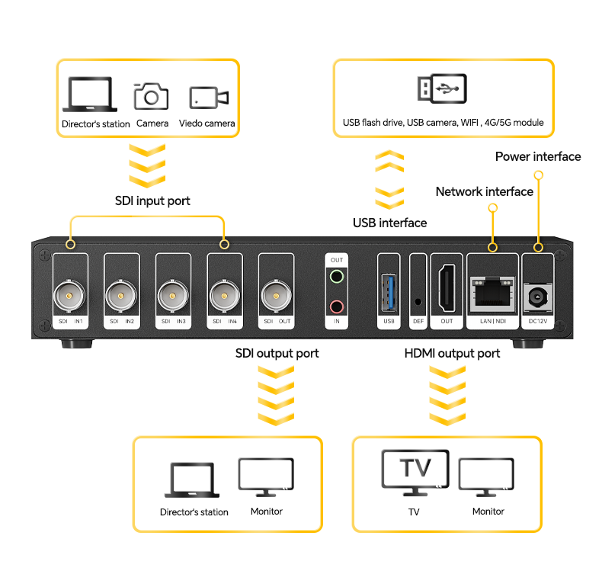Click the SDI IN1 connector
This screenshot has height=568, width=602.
[x=68, y=293]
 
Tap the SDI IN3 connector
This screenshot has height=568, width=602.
[x=171, y=293]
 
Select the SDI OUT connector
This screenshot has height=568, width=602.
[x=276, y=293]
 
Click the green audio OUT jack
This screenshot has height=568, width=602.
[x=336, y=278]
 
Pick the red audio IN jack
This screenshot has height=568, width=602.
[x=336, y=306]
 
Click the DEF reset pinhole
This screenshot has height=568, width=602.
[x=417, y=300]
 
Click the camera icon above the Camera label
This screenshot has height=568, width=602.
[x=152, y=96]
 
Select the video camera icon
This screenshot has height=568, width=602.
[x=208, y=97]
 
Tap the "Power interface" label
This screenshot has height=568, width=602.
[x=537, y=157]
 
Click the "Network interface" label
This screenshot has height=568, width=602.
[x=484, y=191]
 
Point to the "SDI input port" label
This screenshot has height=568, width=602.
[x=152, y=201]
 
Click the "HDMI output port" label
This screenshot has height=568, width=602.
[x=452, y=354]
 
